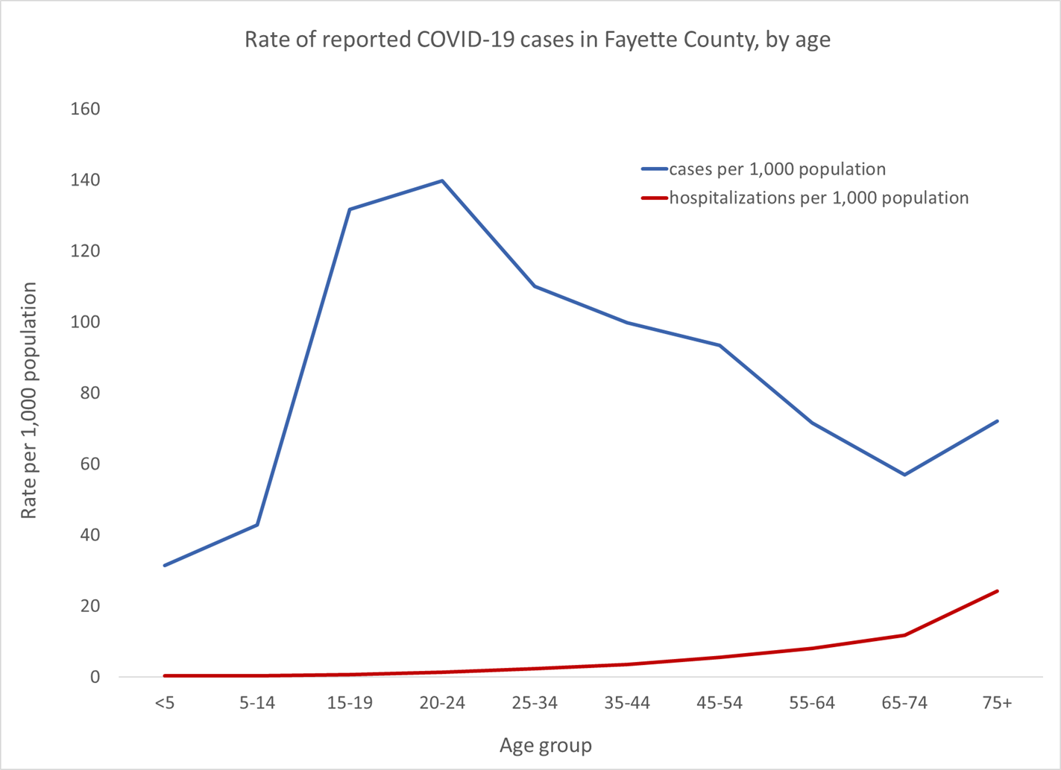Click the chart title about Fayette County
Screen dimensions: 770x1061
click(537, 40)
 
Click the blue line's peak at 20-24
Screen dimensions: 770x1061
click(442, 180)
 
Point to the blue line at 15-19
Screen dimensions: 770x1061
click(350, 209)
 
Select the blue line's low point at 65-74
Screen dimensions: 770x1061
click(904, 474)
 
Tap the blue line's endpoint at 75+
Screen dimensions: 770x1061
click(997, 421)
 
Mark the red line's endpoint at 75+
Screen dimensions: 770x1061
click(997, 591)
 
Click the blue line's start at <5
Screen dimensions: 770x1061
click(165, 565)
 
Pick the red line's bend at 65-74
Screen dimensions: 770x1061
click(904, 635)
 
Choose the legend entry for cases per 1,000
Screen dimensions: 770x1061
click(776, 169)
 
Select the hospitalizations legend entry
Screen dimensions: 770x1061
click(818, 198)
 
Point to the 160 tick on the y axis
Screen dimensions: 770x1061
click(85, 109)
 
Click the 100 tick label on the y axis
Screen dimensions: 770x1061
click(85, 322)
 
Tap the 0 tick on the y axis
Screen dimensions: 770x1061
click(95, 677)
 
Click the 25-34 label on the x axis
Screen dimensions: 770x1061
click(535, 703)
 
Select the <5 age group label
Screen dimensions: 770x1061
click(165, 703)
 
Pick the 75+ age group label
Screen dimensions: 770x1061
click(997, 703)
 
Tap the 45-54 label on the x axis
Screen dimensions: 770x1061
click(720, 703)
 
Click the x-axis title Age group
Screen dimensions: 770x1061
click(545, 745)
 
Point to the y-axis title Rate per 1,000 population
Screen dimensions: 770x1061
click(28, 400)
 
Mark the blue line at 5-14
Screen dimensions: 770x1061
click(257, 525)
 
